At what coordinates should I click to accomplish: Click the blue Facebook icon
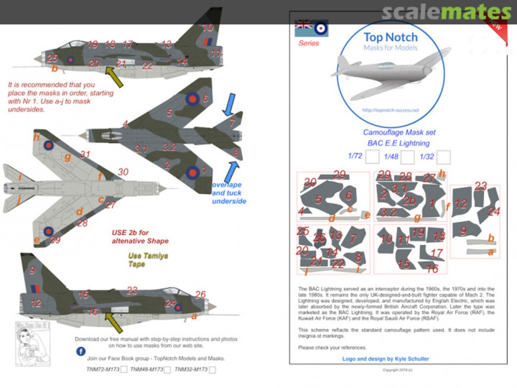coord(81,351)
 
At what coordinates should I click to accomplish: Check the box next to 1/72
coord(372,157)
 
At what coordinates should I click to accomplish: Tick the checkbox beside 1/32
coord(443,157)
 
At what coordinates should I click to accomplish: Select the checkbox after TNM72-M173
coord(124,369)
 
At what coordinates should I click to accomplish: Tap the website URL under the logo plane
coord(390,110)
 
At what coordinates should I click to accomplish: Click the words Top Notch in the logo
coord(390,37)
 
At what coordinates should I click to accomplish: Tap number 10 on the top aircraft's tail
coord(207,28)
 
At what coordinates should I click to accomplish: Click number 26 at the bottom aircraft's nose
coord(200,295)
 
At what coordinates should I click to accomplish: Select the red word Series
coord(308,43)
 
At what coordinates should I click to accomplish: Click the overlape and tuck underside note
coord(229,193)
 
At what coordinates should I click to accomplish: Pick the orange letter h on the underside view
coord(36,137)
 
